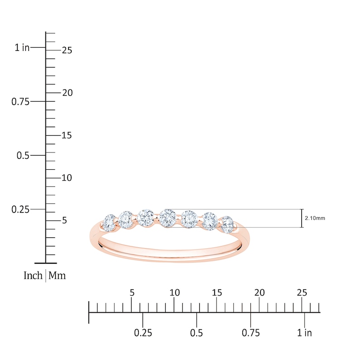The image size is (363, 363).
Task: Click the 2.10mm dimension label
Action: pos(315,218)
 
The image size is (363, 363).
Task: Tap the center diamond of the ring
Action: pos(167,218)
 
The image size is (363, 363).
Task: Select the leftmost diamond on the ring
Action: pos(109,223)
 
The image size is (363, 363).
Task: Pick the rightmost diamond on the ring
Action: pos(227,224)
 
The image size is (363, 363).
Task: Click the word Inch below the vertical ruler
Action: pos(33,275)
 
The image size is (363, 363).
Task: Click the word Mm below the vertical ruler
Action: pos(57,275)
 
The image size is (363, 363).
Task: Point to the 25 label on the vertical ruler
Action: pos(67,50)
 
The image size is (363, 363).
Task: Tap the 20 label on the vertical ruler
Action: pos(67,93)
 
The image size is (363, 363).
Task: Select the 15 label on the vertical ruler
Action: pos(67,135)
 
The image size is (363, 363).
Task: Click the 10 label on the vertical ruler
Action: pos(67,178)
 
